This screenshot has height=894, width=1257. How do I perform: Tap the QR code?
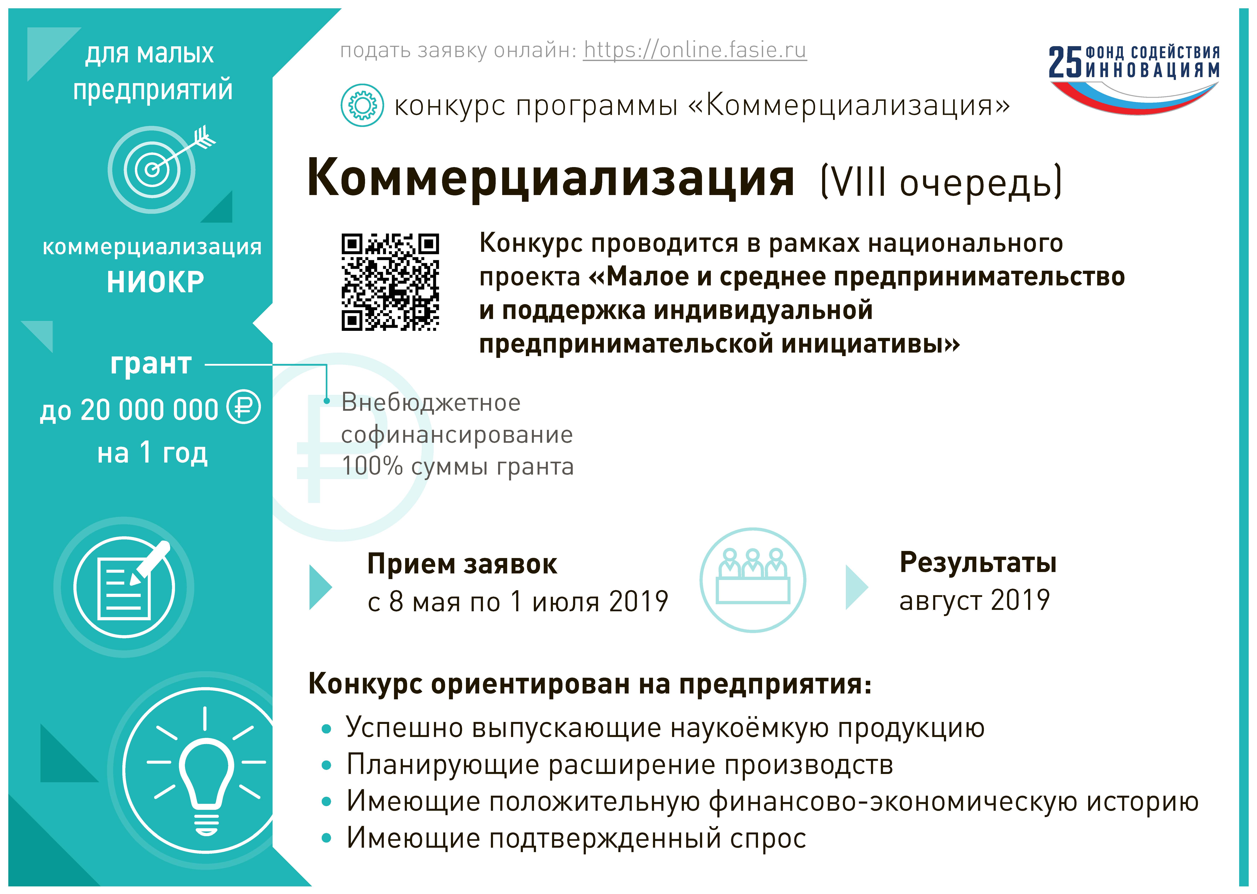click(390, 282)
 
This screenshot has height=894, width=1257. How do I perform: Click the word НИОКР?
click(155, 282)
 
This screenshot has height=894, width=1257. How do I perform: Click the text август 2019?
click(975, 600)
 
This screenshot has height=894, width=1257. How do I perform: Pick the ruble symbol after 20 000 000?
click(244, 407)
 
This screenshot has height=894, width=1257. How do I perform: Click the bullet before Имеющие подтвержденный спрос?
click(326, 838)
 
